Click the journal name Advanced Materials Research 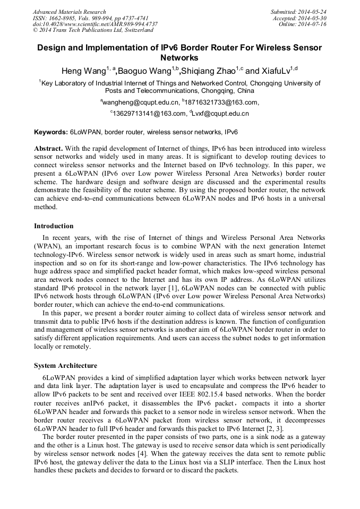click(x=69, y=12)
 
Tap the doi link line click(x=95, y=24)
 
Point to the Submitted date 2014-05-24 click(x=298, y=12)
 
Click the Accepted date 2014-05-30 click(x=299, y=18)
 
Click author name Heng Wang click(x=83, y=71)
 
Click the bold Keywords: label click(x=51, y=132)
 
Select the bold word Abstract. click(x=48, y=149)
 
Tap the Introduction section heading click(x=54, y=226)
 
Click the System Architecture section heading click(x=65, y=366)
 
